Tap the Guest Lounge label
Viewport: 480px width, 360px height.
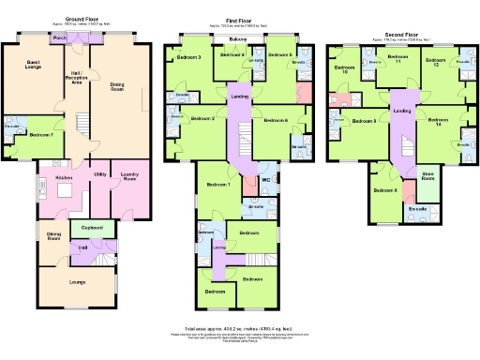(x=26, y=64)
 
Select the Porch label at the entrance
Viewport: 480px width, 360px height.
(x=59, y=37)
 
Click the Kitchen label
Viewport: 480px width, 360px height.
(x=64, y=176)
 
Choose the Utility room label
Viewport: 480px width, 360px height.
(x=98, y=174)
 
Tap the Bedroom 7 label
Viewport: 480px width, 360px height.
(x=40, y=136)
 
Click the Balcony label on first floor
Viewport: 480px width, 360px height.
(x=237, y=39)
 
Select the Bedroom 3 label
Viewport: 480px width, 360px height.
(x=189, y=58)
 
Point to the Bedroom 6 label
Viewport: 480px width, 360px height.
(x=275, y=120)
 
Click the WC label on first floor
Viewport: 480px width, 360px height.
(x=265, y=179)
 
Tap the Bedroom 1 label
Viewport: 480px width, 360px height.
(x=217, y=184)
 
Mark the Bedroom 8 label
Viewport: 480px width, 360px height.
(x=385, y=190)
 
